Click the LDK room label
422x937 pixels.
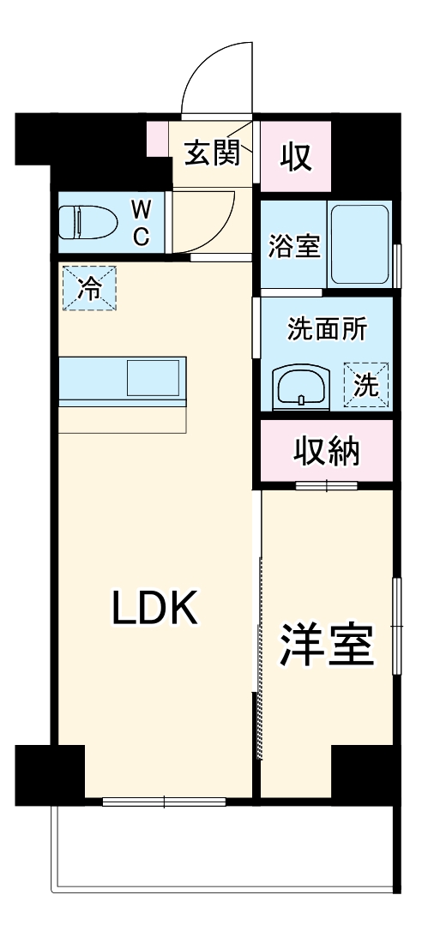click(x=156, y=608)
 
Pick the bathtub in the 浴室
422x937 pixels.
click(x=360, y=244)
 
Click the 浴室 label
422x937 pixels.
click(x=294, y=245)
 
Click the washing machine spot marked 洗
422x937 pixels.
click(x=366, y=385)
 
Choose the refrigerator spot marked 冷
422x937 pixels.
click(x=88, y=288)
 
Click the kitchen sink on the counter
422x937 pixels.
click(x=154, y=377)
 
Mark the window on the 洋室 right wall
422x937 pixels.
click(x=396, y=626)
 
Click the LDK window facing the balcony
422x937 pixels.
click(x=164, y=802)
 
